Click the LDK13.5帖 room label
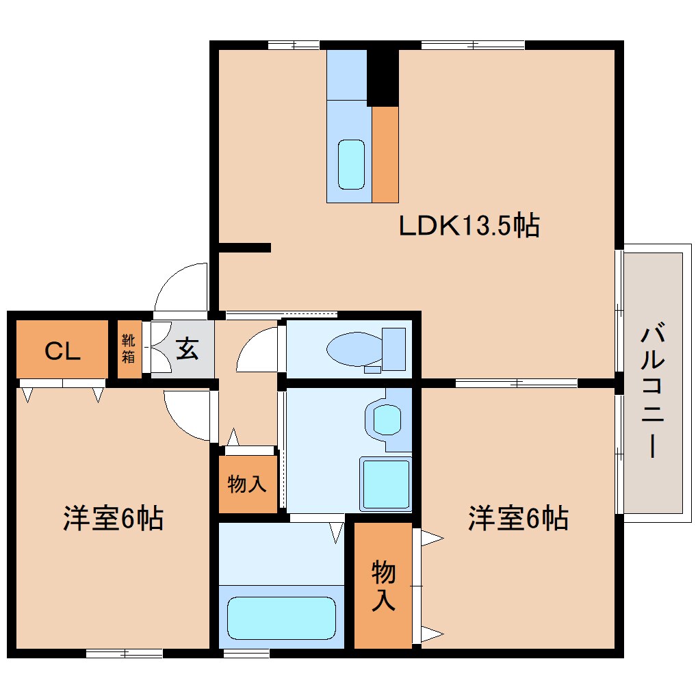click(469, 225)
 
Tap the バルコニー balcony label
click(653, 392)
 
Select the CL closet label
click(63, 350)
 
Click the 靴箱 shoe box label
click(128, 350)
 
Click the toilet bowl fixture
click(356, 349)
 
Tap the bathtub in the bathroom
click(281, 617)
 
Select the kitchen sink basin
click(352, 164)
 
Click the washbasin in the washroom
click(387, 419)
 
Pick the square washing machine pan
click(386, 483)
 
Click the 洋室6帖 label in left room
click(113, 518)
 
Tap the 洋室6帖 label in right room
click(518, 518)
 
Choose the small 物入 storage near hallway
click(247, 484)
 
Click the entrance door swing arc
click(180, 285)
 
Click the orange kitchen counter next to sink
click(385, 155)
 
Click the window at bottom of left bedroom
click(124, 654)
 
